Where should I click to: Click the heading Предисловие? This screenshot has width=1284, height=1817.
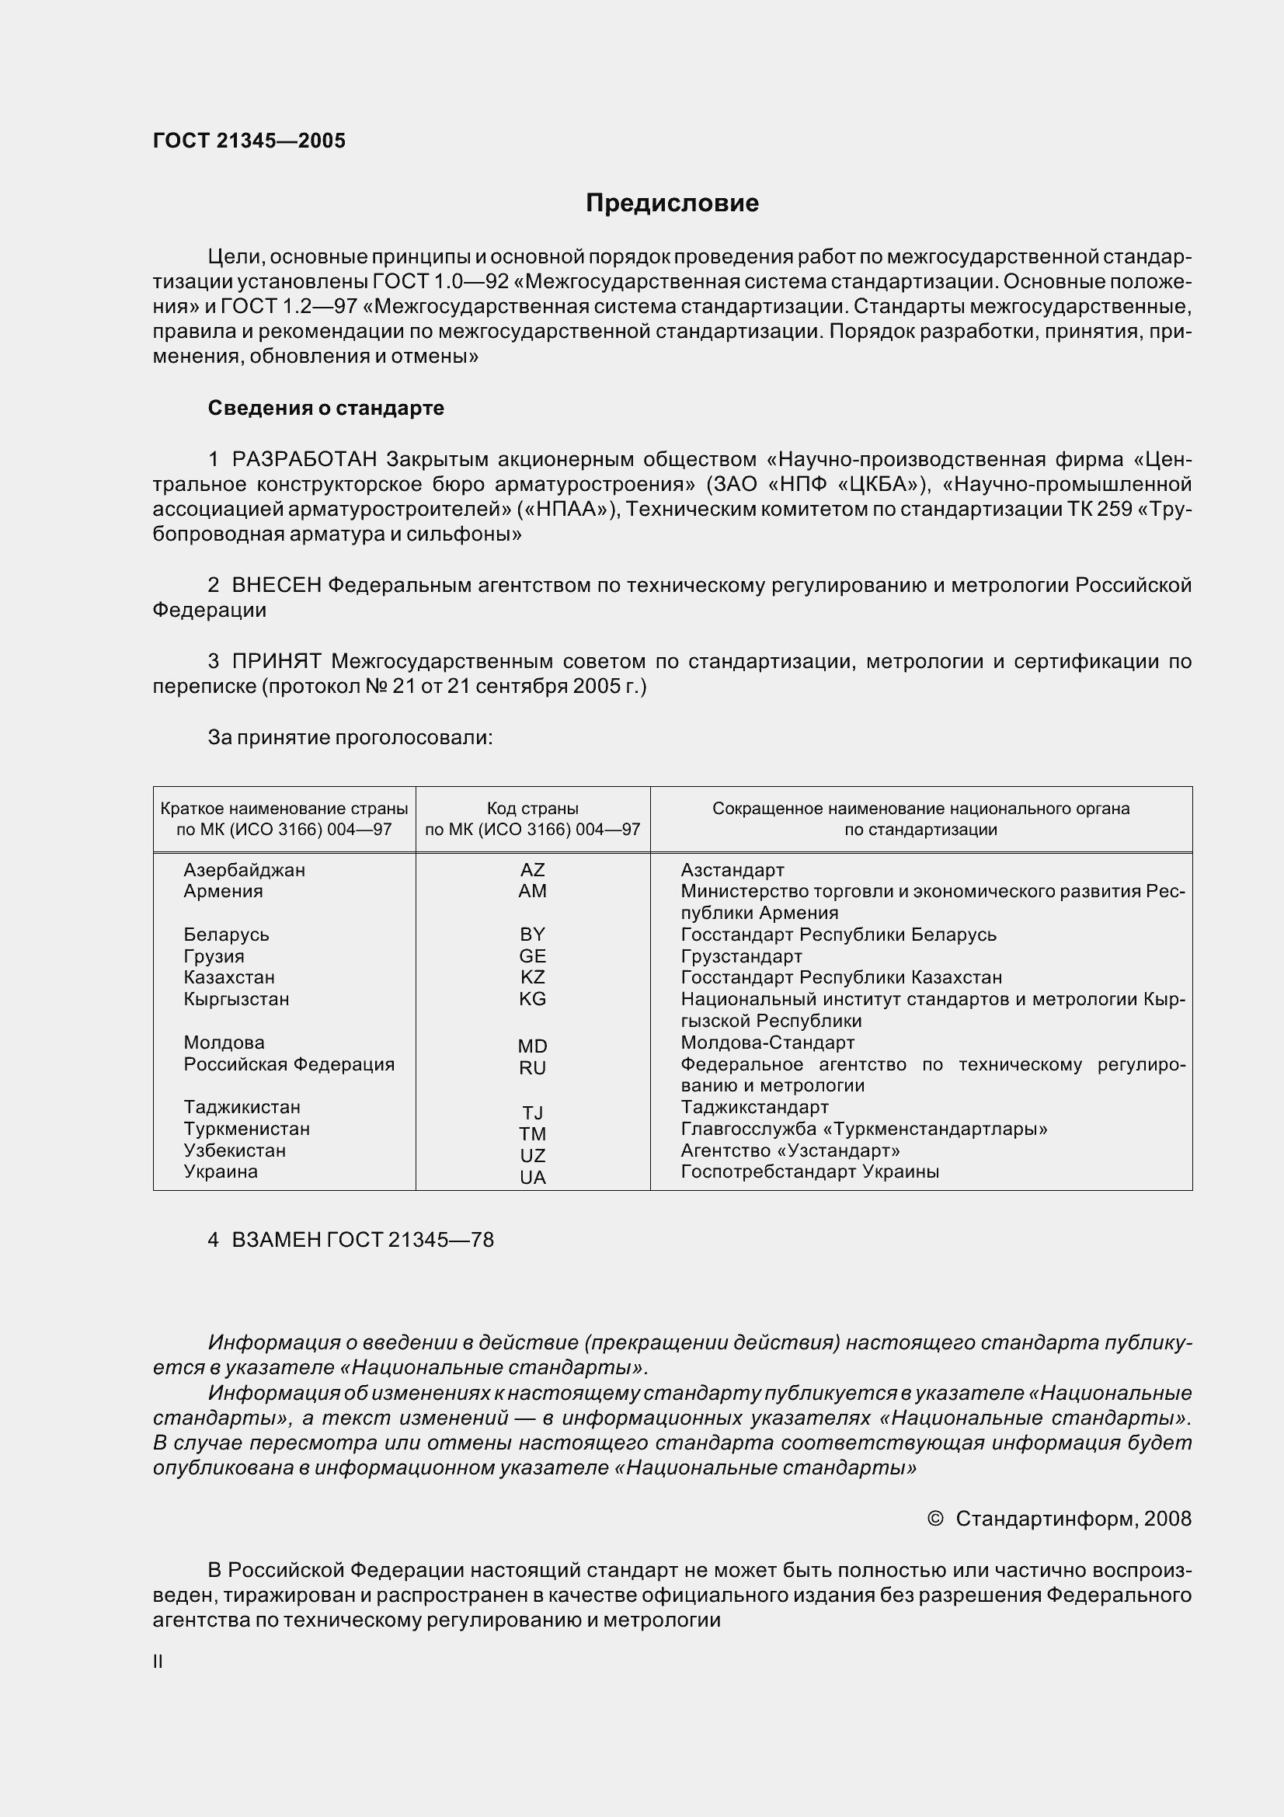[x=672, y=204]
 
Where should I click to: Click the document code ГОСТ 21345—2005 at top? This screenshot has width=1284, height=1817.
[x=249, y=141]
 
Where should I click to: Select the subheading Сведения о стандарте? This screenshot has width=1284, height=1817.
[x=325, y=408]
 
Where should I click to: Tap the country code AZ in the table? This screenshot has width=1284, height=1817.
[x=532, y=870]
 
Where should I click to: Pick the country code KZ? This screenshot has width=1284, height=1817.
[x=532, y=976]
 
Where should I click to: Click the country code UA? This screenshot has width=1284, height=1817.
[x=532, y=1177]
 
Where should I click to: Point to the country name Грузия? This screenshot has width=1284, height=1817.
[x=214, y=956]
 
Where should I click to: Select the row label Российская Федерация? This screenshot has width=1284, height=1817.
[x=289, y=1063]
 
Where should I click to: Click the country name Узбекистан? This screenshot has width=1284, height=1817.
[x=234, y=1150]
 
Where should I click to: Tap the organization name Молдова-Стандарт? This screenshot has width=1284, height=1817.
[x=767, y=1043]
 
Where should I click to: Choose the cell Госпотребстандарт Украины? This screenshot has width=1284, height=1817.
[x=809, y=1171]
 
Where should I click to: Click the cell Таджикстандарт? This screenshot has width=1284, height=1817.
[x=754, y=1107]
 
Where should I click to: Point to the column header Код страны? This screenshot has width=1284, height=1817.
[x=532, y=808]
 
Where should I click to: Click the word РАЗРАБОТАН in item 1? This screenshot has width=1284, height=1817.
[x=304, y=459]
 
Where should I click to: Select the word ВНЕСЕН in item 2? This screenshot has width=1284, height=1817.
[x=276, y=585]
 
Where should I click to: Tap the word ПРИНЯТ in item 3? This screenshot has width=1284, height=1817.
[x=276, y=661]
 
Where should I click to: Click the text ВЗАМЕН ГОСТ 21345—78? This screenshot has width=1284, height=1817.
[x=362, y=1239]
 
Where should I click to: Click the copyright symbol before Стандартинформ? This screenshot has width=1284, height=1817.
[x=934, y=1518]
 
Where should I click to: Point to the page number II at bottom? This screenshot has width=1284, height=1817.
[x=158, y=1662]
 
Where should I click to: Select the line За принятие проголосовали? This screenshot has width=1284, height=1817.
[x=350, y=737]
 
